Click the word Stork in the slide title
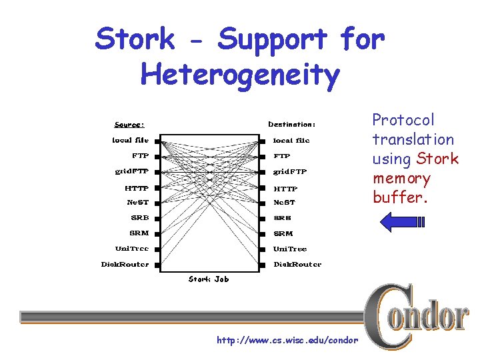point(135,40)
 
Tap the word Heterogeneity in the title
point(240,75)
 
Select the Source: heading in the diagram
point(129,124)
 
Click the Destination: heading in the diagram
point(291,124)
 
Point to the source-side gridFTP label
point(131,171)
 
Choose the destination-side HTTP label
point(285,189)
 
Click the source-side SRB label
point(139,217)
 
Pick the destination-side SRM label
point(283,233)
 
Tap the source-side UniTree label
point(132,249)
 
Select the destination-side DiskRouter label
point(297,264)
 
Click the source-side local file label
point(130,140)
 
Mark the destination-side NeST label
point(284,202)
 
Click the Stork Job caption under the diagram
point(208,279)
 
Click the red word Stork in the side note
point(437,159)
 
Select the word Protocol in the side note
point(403,120)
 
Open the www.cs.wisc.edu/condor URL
point(287,341)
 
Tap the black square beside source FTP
point(157,157)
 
